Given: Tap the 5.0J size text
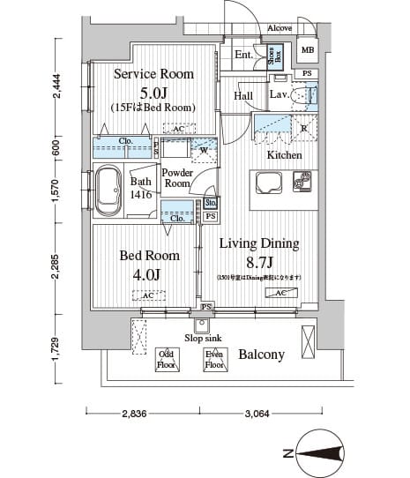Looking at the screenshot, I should coord(153,92).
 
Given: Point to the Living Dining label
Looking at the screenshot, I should coord(259,244).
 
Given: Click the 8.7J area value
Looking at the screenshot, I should coord(259,261).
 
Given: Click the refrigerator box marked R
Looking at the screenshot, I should coord(303,127).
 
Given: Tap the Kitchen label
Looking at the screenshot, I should coord(284,155).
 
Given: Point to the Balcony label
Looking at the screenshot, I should coord(261,355).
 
